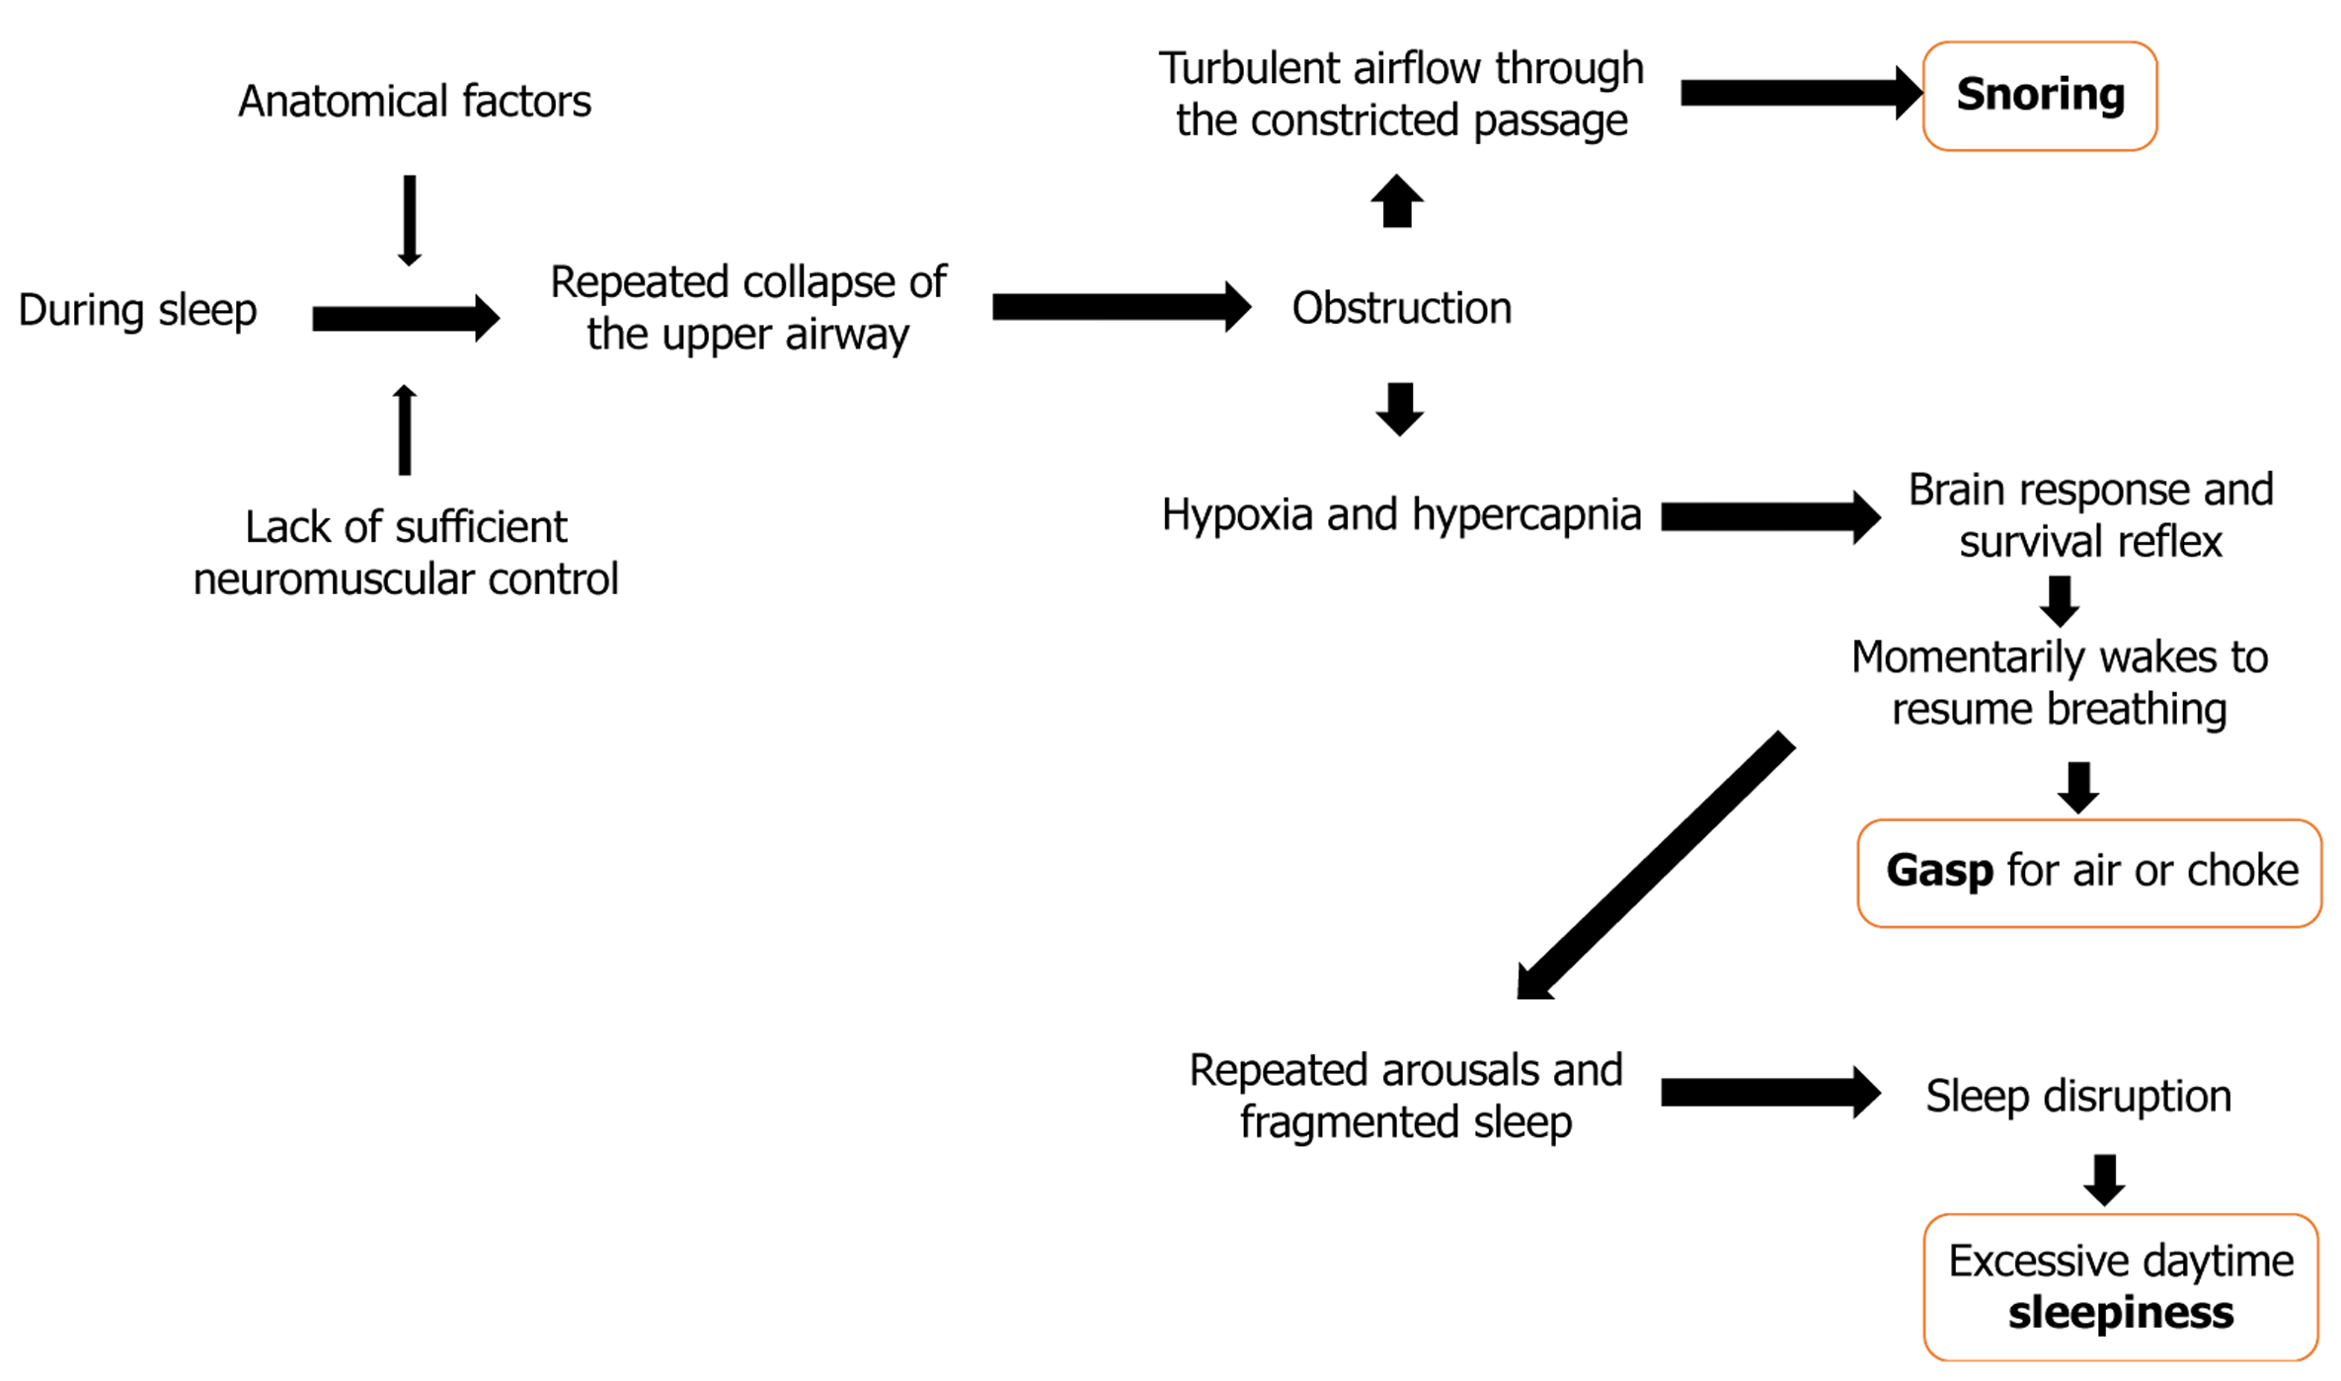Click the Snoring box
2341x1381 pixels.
tap(2039, 96)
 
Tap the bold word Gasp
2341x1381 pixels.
tap(1939, 871)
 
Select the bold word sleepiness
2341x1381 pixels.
tap(2120, 1313)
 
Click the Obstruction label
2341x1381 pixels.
tap(1401, 308)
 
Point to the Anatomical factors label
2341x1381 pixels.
tap(415, 101)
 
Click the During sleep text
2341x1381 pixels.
tap(137, 310)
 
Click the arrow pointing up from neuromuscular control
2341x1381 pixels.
tap(405, 430)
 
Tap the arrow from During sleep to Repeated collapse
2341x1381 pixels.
tap(405, 318)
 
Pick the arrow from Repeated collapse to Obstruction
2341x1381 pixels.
tap(1121, 307)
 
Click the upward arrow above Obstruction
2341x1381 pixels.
tap(1397, 201)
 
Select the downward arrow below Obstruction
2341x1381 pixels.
tap(1400, 409)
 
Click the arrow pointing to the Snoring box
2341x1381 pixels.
tap(1800, 93)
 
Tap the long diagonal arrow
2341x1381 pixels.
tap(1656, 866)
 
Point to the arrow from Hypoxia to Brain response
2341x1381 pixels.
tap(1769, 516)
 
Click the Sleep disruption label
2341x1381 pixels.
tap(2077, 1096)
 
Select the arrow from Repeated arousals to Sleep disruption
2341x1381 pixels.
tap(1769, 1092)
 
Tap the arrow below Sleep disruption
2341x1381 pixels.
tap(2104, 1180)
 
